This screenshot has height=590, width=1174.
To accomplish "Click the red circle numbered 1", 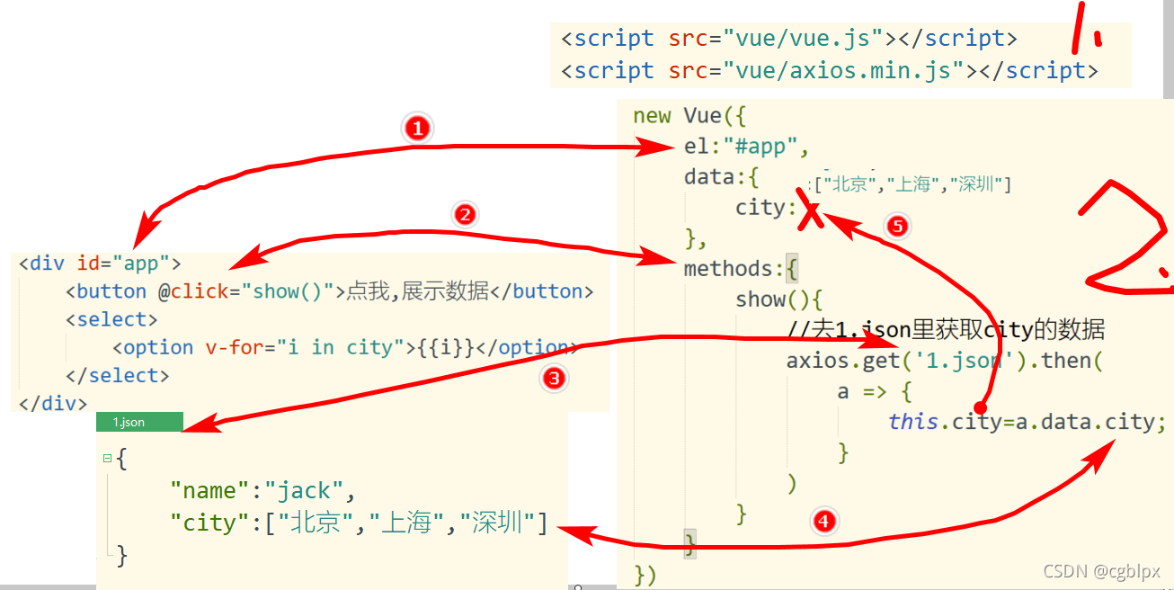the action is click(x=417, y=129).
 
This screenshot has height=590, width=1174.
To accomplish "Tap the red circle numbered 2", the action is click(x=465, y=215).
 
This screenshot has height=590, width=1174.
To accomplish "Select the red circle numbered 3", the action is click(x=554, y=378).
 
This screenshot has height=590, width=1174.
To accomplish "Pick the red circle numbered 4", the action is click(x=824, y=522).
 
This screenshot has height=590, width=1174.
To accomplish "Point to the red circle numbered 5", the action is click(x=897, y=226).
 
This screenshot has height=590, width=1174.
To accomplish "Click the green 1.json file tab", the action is click(x=139, y=422).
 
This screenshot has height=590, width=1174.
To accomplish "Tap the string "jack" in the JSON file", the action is click(x=304, y=491).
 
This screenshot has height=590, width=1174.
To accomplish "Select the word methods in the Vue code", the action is click(x=727, y=269).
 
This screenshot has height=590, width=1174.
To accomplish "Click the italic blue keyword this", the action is click(x=912, y=422).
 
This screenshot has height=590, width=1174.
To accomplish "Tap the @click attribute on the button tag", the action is click(x=193, y=291).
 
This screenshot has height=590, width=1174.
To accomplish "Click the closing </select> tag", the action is click(x=118, y=376).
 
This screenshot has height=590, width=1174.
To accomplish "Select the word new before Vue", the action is click(x=652, y=116).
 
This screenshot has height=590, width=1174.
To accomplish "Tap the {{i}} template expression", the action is click(x=446, y=348).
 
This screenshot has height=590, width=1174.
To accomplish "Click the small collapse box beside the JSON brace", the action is click(x=108, y=459).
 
